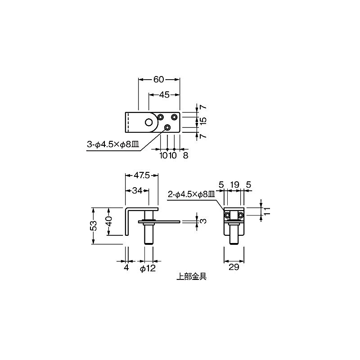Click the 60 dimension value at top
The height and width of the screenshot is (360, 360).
tap(158, 80)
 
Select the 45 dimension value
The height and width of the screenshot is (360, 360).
tap(164, 94)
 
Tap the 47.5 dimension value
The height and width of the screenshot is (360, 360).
tap(142, 175)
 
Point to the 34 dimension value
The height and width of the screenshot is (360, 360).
tap(137, 190)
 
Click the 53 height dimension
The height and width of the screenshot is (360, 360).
tap(94, 225)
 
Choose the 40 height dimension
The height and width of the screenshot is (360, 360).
tap(108, 221)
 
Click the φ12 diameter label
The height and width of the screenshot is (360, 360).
tap(148, 268)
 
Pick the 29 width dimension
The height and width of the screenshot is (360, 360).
tap(234, 267)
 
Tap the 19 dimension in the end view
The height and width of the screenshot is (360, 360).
tap(234, 184)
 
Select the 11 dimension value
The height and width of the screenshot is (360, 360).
tap(267, 211)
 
